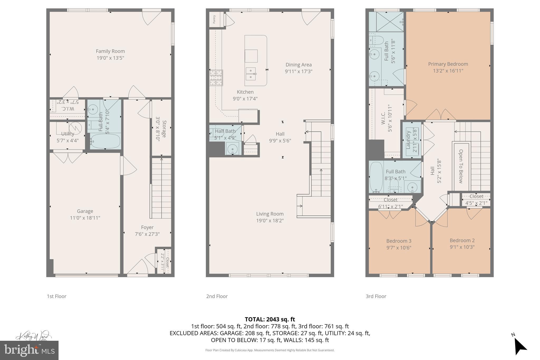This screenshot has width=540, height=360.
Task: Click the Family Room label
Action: pyautogui.click(x=110, y=51)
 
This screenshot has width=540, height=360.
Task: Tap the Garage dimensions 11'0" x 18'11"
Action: pyautogui.click(x=85, y=218)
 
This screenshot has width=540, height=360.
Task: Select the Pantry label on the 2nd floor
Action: pyautogui.click(x=214, y=19)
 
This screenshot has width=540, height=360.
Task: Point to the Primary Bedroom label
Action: pyautogui.click(x=448, y=64)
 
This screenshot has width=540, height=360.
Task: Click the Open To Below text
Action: pyautogui.click(x=461, y=166)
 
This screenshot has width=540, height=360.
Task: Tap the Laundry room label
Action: pyautogui.click(x=408, y=140)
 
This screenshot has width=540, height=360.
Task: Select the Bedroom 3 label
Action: pyautogui.click(x=399, y=241)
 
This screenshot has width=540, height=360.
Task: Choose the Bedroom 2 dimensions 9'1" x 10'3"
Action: pyautogui.click(x=462, y=247)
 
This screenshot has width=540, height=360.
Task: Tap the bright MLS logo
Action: pyautogui.click(x=29, y=350)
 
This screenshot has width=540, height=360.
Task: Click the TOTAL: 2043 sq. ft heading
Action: pyautogui.click(x=270, y=319)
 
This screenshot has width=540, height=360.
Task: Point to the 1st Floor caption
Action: pyautogui.click(x=56, y=296)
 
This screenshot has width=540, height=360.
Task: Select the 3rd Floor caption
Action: pyautogui.click(x=376, y=296)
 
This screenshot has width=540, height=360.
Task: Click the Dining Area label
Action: pyautogui.click(x=298, y=65)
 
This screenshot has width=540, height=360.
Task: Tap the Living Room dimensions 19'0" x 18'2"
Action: pyautogui.click(x=270, y=220)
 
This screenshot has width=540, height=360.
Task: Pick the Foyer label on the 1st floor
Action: pyautogui.click(x=147, y=227)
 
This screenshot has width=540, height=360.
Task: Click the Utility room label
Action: pyautogui.click(x=67, y=134)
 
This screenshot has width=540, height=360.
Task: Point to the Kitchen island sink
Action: pyautogui.click(x=250, y=74)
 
